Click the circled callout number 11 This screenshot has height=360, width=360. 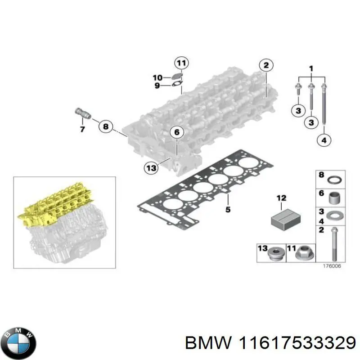tap(182, 63)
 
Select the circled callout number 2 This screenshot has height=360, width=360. tap(266, 66)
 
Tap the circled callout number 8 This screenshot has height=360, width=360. tap(105, 127)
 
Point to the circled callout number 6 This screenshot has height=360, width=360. tap(177, 132)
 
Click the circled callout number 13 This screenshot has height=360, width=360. tap(151, 168)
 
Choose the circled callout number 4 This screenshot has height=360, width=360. tap(324, 141)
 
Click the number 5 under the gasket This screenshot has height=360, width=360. tap(228, 209)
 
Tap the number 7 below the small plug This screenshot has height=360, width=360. tap(82, 130)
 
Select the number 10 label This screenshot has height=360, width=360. tap(157, 77)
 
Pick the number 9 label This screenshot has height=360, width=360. tap(157, 85)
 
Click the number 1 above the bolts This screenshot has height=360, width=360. tap(310, 68)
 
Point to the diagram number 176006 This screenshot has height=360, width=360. tap(332, 266)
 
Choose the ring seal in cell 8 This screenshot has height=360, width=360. tap(334, 181)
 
